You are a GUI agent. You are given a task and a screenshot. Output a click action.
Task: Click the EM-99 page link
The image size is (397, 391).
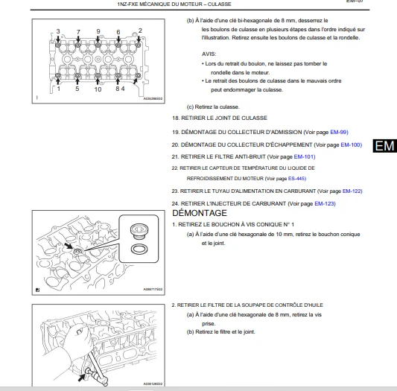point(339,132)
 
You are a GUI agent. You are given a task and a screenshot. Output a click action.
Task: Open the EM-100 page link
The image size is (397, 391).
point(351,144)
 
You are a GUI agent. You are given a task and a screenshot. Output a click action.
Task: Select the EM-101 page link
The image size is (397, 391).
point(305,157)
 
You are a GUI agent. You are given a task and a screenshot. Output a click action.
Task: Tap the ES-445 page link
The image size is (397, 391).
point(297,179)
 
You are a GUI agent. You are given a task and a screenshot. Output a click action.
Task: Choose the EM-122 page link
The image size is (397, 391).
point(352,191)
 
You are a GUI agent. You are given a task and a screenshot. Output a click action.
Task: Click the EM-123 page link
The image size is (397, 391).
point(325,204)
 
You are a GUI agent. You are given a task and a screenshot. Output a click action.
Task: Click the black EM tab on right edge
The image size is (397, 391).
point(384,146)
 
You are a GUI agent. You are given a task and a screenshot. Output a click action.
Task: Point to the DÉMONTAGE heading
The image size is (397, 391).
point(200,213)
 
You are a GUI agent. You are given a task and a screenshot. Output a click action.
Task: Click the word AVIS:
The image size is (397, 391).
point(209,54)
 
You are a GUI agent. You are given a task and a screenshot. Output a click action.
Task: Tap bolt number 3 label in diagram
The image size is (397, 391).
point(58,31)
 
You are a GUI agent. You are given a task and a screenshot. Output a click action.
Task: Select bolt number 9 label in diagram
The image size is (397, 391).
point(98,31)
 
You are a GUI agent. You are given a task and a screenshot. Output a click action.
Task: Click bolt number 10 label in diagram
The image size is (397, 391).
point(98,89)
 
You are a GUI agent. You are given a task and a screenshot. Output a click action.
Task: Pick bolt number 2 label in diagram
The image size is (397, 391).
point(140,31)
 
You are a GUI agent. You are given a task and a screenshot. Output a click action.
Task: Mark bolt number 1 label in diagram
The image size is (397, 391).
point(59,89)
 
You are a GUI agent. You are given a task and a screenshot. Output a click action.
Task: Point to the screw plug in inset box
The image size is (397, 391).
point(139,231)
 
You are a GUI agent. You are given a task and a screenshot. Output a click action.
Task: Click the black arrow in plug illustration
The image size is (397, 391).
point(69,247)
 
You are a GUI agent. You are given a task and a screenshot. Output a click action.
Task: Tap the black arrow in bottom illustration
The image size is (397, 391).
point(81,378)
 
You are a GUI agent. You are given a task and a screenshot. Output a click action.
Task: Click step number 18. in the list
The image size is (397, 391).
point(176,118)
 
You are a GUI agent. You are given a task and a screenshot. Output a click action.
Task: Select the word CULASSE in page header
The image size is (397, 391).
point(219,4)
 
